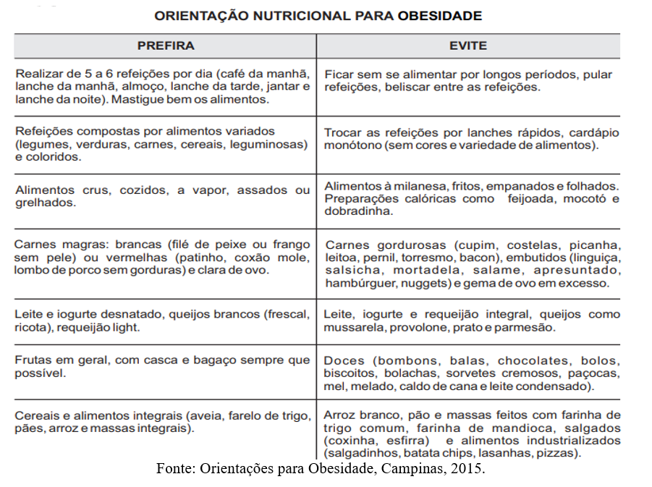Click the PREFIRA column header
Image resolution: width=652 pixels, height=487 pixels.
click(x=166, y=46)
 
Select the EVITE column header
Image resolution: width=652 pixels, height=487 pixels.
click(x=468, y=46)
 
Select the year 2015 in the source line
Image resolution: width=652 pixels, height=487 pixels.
click(x=467, y=468)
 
